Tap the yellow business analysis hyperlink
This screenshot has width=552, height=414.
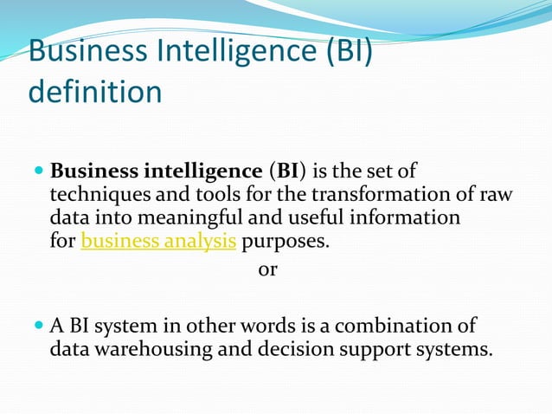point(158,241)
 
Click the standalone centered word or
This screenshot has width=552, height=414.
point(268,269)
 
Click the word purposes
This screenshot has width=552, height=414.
point(286,241)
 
